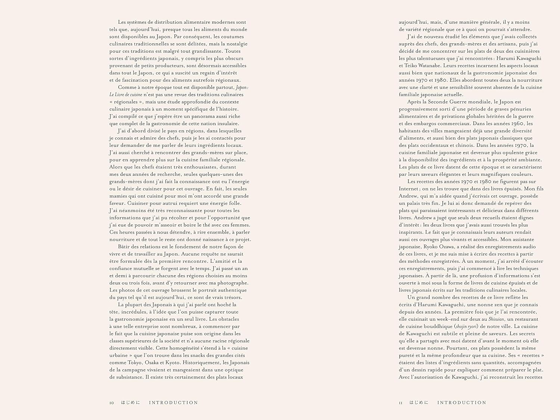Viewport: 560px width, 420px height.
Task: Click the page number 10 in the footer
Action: [112, 403]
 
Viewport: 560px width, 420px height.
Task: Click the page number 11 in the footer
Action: [401, 403]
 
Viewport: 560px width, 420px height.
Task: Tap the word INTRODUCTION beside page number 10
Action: [174, 403]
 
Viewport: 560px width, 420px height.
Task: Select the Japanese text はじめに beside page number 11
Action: [419, 403]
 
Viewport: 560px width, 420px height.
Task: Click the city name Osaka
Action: [156, 363]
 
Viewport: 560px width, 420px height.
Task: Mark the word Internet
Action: [408, 189]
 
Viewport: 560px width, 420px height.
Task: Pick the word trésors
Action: [232, 298]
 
